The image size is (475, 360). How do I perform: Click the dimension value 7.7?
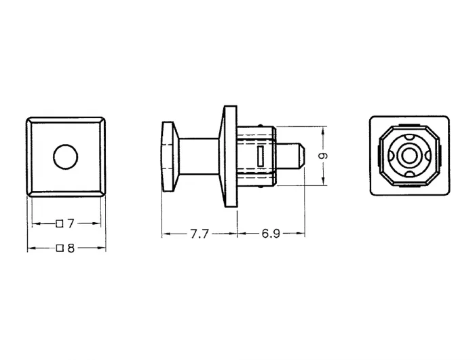click(199, 234)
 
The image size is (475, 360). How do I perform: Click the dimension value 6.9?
click(271, 234)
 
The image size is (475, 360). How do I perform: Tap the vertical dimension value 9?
click(324, 156)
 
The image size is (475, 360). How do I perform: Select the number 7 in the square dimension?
click(71, 223)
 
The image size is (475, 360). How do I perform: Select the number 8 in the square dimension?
click(71, 249)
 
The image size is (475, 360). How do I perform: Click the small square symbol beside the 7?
click(60, 224)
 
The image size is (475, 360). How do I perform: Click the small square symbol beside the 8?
click(60, 249)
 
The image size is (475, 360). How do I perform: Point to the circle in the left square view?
click(66, 157)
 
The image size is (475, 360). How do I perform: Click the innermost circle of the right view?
click(409, 156)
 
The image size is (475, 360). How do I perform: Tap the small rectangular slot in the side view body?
click(260, 156)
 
